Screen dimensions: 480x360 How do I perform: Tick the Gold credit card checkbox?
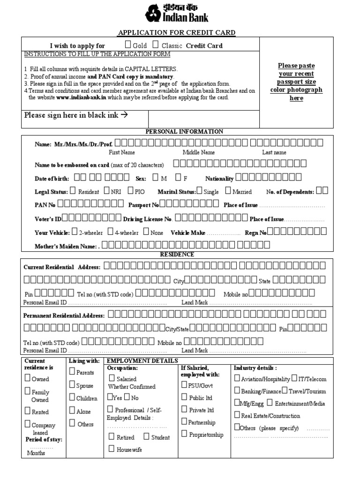[x=127, y=45]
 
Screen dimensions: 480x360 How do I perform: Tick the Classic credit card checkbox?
[x=155, y=45]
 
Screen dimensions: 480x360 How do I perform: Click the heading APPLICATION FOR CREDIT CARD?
[x=176, y=32]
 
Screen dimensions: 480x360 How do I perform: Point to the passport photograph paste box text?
[x=296, y=82]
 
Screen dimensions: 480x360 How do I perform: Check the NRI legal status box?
[x=107, y=191]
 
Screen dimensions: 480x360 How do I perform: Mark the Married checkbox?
[x=228, y=191]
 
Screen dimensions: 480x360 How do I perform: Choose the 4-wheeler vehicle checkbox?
[x=110, y=232]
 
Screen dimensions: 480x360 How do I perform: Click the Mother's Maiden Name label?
[x=66, y=246]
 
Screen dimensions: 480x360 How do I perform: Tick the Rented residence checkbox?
[x=28, y=412]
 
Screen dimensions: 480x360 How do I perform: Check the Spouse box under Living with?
[x=72, y=385]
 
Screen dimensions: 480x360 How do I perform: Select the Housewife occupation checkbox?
[x=112, y=449]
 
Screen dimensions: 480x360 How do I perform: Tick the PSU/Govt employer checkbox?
[x=184, y=384]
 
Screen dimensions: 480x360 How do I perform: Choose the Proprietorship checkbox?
[x=184, y=434]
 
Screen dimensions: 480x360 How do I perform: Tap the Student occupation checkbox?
[x=147, y=436]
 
